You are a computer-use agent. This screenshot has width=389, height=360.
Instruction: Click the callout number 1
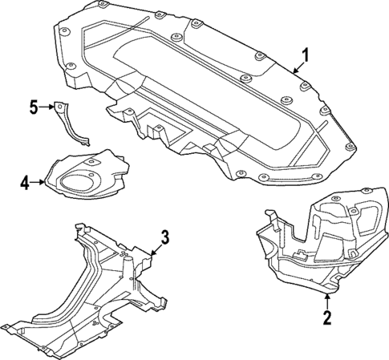304,55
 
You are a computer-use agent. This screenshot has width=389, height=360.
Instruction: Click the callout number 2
326,318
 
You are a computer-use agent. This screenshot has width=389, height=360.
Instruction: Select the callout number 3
164,237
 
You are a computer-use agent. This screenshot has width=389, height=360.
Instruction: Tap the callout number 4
24,184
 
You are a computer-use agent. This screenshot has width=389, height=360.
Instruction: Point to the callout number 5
34,106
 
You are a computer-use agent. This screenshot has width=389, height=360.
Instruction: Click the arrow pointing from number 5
48,106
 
